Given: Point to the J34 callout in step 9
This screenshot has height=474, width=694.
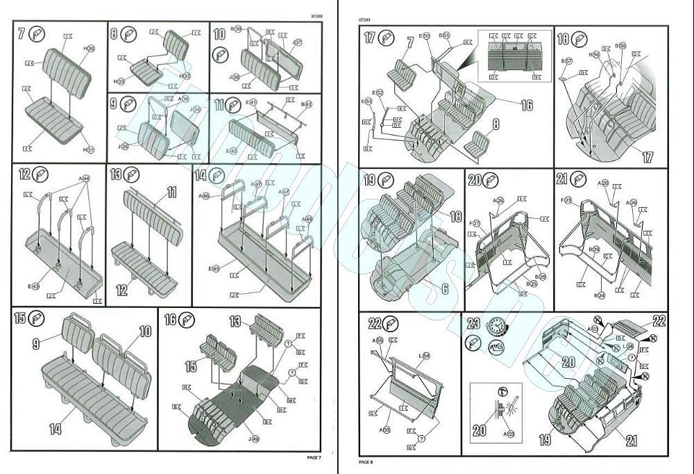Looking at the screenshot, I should pos(196,110).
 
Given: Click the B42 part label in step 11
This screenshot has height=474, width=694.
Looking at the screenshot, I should pos(306,104).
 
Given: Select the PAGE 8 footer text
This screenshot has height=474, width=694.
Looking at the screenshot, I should pos(366,461).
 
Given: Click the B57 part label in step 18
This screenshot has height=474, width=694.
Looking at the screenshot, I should pos(567,61).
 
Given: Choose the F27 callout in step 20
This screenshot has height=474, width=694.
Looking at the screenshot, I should pos(475,223).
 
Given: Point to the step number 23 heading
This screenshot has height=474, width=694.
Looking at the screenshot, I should pos(474,324).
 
